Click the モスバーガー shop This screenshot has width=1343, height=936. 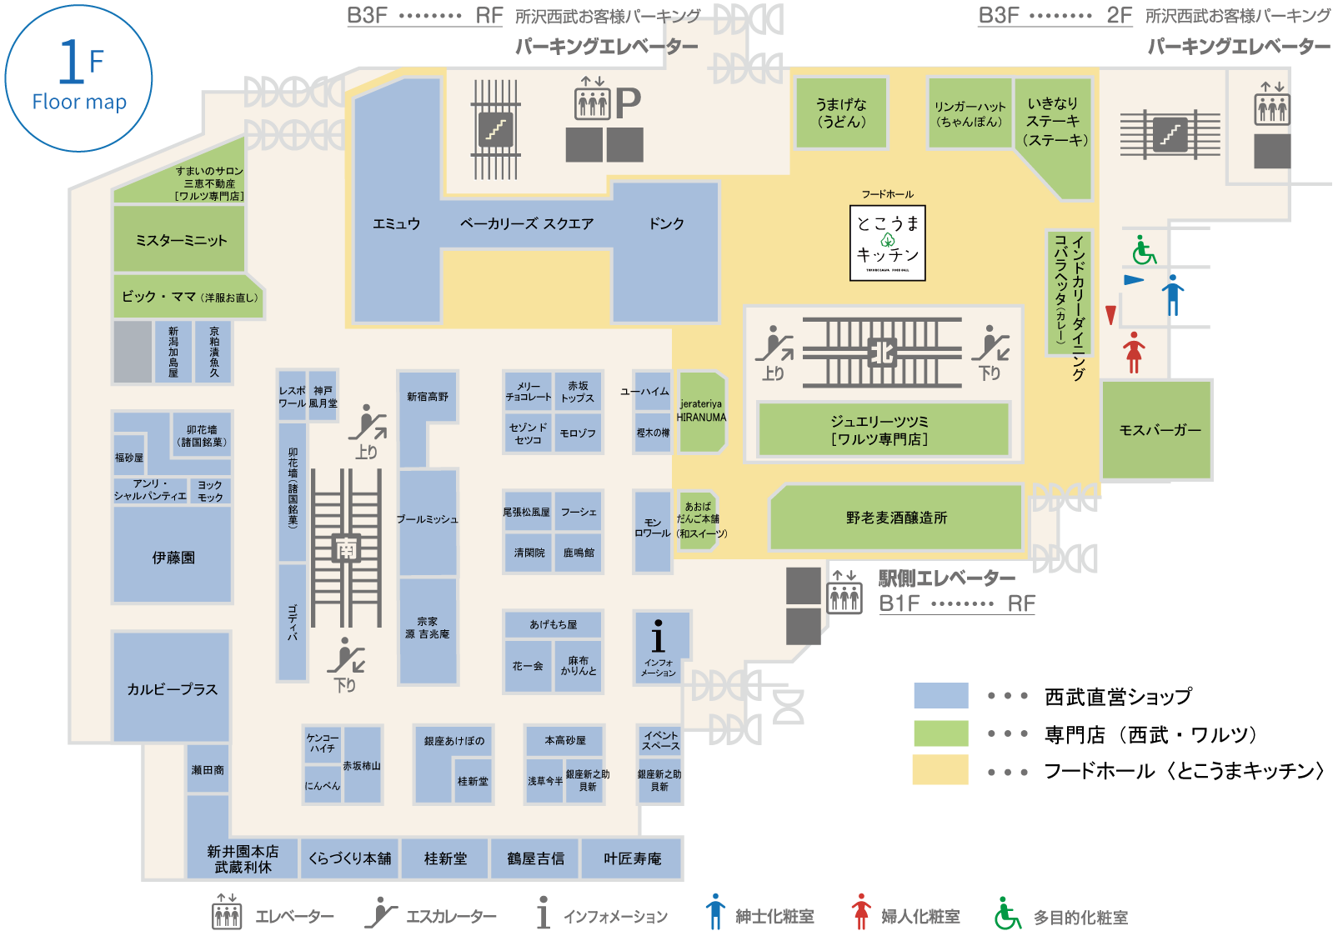point(1157,430)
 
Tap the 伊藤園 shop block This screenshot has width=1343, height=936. point(173,556)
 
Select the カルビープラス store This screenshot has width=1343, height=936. point(172,688)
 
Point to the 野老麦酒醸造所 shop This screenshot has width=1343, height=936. point(896,518)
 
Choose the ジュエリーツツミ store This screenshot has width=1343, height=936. point(883,430)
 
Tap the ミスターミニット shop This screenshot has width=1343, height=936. point(180,240)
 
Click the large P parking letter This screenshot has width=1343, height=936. point(628,103)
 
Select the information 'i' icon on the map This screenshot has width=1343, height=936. point(659,638)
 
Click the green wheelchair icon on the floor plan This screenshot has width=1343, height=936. point(1144,250)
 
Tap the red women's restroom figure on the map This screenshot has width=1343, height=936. point(1133,352)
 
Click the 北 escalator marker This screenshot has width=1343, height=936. point(882,353)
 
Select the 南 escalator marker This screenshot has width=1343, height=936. point(346,548)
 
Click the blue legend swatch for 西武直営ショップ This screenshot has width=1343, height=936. point(940,695)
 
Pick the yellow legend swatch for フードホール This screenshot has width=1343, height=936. point(940,769)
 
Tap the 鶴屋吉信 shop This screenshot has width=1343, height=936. point(535,858)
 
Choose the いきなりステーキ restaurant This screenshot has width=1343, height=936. point(1055,122)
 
